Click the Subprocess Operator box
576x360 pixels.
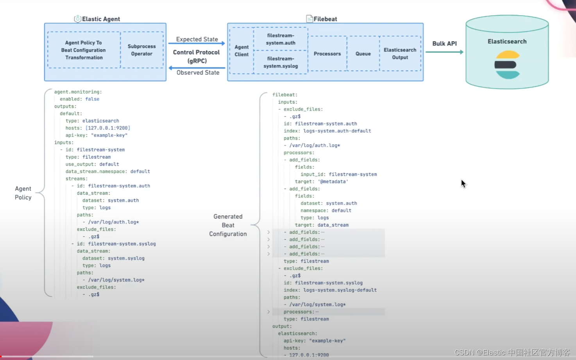click(x=141, y=50)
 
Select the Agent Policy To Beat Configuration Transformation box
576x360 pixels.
click(x=84, y=50)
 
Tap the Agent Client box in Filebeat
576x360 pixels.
click(x=241, y=51)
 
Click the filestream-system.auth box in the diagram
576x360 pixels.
click(x=281, y=39)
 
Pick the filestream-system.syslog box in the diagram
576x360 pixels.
click(x=281, y=62)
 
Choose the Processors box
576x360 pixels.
click(x=327, y=54)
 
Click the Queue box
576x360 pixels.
click(x=363, y=54)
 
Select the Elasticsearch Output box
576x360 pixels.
click(x=400, y=54)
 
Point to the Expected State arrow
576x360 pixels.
click(x=197, y=43)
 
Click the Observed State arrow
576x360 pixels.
click(x=197, y=68)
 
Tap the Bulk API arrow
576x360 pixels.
click(x=444, y=52)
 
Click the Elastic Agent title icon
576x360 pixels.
click(x=77, y=19)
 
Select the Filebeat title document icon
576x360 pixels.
click(x=309, y=19)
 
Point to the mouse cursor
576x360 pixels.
click(x=463, y=183)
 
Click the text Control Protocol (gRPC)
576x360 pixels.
click(x=196, y=56)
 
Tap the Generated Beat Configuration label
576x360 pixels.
click(x=228, y=225)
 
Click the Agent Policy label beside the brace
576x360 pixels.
click(x=23, y=193)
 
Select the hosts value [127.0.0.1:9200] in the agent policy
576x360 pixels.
click(x=108, y=128)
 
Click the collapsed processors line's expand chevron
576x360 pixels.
click(x=268, y=312)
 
